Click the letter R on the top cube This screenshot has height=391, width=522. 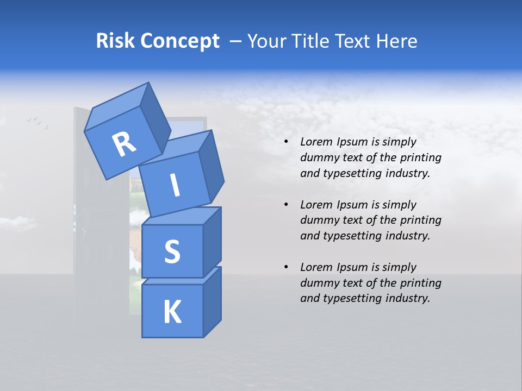[124, 144]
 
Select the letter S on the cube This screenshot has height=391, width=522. [172, 251]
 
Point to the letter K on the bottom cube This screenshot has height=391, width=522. [172, 312]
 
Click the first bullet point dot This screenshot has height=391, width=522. [286, 142]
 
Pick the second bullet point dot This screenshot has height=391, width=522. [286, 205]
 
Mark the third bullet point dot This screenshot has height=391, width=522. [286, 267]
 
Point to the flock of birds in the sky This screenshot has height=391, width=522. [38, 123]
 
